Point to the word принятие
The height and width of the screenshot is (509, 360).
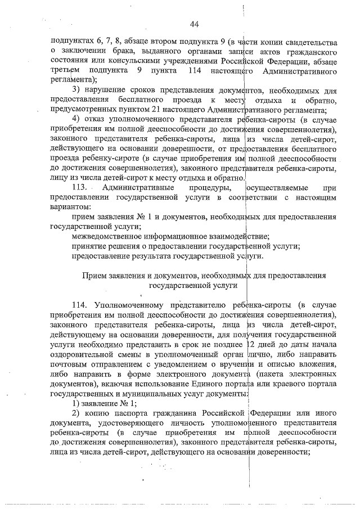coord(89,246)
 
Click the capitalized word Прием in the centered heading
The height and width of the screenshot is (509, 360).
coord(94,276)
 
